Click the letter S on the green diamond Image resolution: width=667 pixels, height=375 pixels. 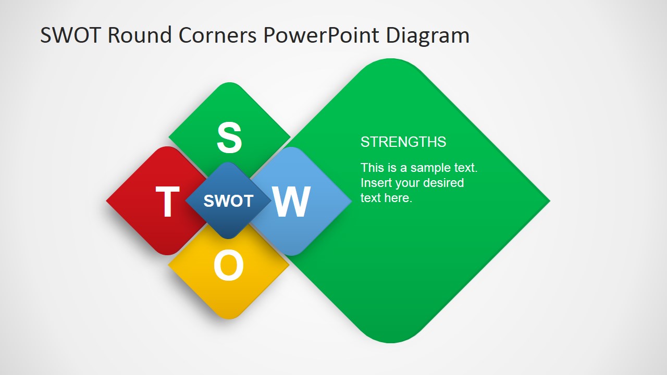[x=229, y=138]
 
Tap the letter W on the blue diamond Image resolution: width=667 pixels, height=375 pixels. [x=292, y=202]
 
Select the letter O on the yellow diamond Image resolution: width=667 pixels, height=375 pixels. [x=228, y=266]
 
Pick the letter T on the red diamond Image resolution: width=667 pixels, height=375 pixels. [x=167, y=202]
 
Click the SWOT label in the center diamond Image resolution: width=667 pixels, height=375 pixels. [x=228, y=201]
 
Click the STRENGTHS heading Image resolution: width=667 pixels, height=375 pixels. [x=403, y=142]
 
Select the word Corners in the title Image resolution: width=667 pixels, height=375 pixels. [x=218, y=35]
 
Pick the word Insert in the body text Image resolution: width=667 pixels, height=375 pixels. [x=375, y=183]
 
